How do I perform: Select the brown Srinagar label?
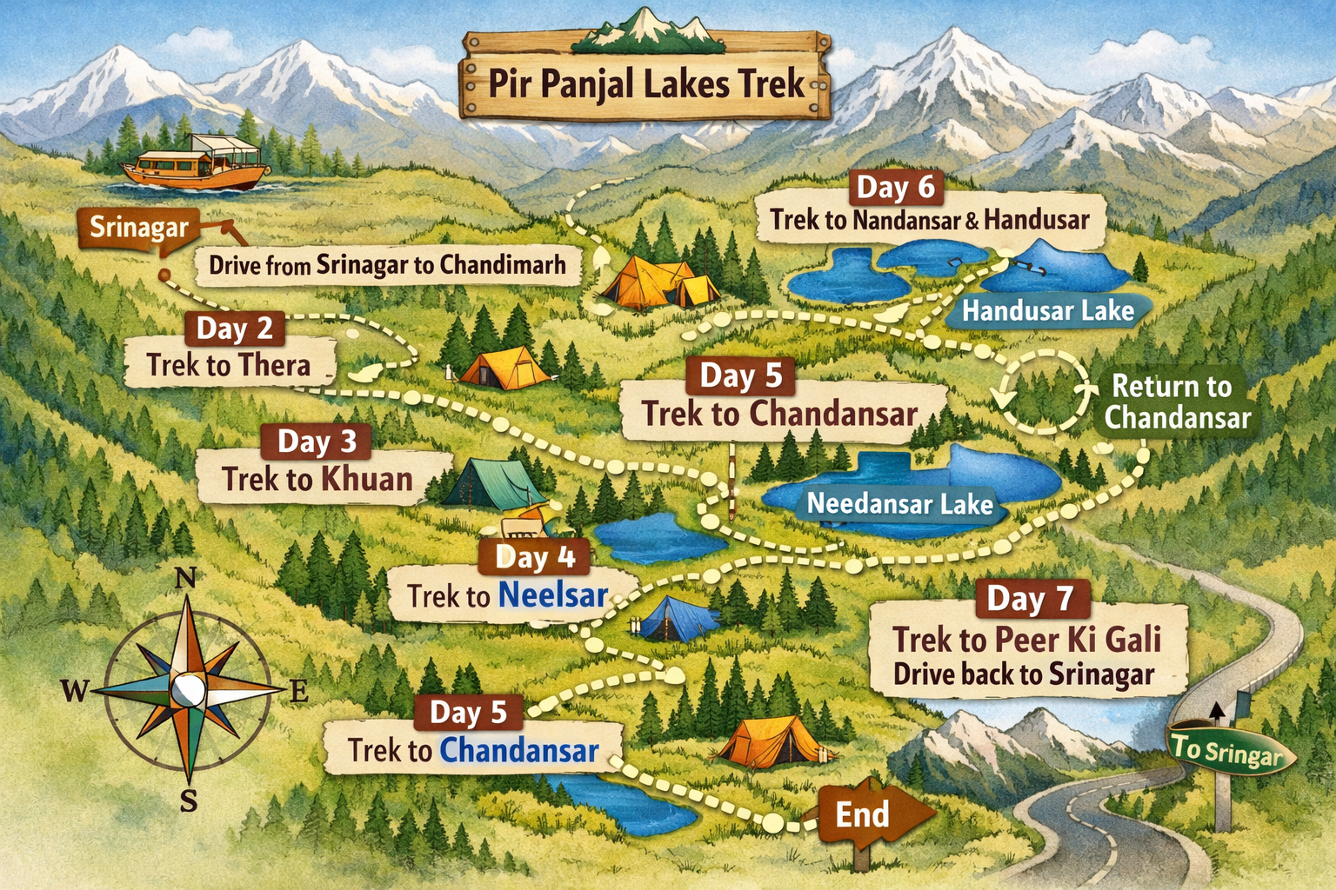click(x=139, y=228)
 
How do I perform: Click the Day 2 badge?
click(x=235, y=329)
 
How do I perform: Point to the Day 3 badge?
click(x=317, y=442)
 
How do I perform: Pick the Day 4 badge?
click(x=534, y=556)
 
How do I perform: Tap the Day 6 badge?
click(x=895, y=187)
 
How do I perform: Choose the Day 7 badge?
click(x=1028, y=599)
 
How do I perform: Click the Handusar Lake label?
click(x=1047, y=311)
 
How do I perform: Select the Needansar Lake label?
click(x=899, y=504)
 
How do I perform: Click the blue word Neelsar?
click(x=553, y=595)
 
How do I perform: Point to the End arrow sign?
click(x=870, y=815)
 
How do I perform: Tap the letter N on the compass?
click(x=185, y=578)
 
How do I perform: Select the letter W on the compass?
click(x=74, y=692)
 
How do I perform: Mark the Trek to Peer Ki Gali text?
click(x=1026, y=640)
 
